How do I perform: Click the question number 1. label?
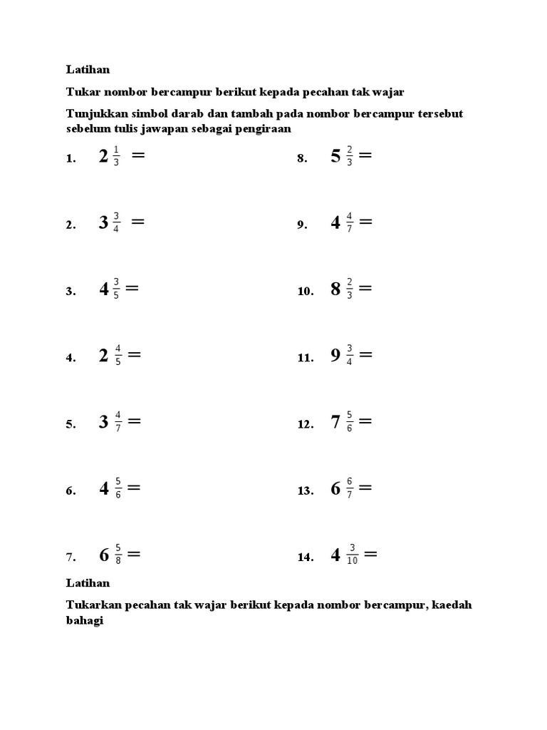tap(71, 159)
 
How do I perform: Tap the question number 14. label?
tap(306, 558)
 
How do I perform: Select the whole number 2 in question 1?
tap(104, 157)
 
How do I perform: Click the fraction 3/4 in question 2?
tap(116, 223)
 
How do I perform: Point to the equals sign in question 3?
tap(131, 288)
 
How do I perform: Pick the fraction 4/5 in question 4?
tap(118, 355)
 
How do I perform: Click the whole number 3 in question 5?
tap(104, 422)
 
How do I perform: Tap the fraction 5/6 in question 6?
tap(118, 489)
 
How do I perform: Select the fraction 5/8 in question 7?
tap(118, 555)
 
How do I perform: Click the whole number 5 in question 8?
tap(335, 157)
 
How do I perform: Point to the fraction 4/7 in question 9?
tap(349, 223)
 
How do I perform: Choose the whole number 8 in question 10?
tap(335, 289)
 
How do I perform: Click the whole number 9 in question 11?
tap(335, 356)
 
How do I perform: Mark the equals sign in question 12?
tap(365, 421)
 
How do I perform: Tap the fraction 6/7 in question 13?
tap(349, 489)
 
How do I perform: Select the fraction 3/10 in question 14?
tap(352, 555)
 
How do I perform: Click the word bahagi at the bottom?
tap(85, 620)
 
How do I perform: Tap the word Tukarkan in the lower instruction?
tap(94, 605)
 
